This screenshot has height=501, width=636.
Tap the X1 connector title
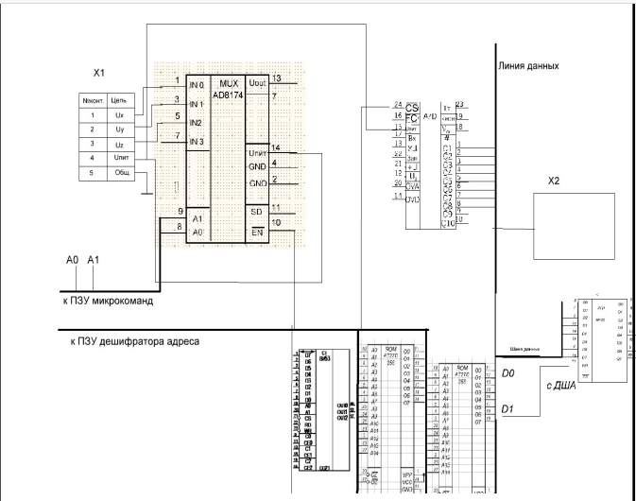(96, 72)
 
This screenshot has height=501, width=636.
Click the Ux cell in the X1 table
(119, 114)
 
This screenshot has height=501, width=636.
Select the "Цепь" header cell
(119, 98)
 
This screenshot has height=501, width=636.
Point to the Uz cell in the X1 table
(119, 144)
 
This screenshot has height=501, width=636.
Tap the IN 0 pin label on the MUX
(197, 85)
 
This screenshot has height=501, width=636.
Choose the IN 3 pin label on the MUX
(197, 142)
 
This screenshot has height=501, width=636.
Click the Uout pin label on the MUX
(256, 84)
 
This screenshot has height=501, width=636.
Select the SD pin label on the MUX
(256, 211)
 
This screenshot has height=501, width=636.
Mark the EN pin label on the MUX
(256, 230)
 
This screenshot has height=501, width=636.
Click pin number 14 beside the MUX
(275, 147)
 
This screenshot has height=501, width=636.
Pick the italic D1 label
(507, 408)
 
